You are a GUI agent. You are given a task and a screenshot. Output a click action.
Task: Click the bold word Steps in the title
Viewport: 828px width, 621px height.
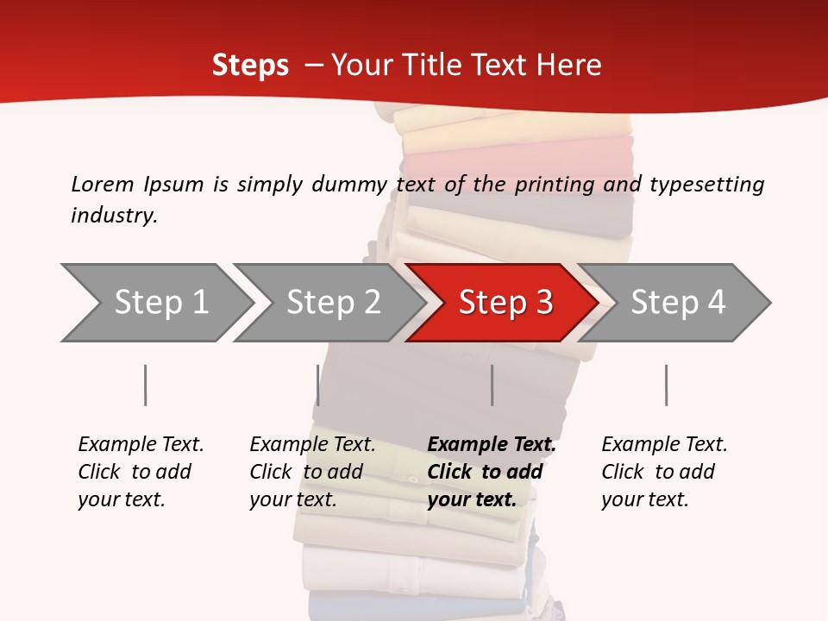tap(250, 66)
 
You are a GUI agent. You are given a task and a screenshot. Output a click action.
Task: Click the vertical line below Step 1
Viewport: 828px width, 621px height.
tap(146, 385)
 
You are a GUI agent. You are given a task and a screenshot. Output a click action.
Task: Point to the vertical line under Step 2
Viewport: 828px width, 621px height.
tap(318, 385)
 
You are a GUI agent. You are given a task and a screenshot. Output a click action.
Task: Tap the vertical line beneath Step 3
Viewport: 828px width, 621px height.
tap(492, 385)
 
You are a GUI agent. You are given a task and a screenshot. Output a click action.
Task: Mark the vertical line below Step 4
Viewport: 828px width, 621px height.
tap(666, 385)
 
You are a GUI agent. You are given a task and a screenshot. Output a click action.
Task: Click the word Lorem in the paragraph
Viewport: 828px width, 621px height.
tap(103, 185)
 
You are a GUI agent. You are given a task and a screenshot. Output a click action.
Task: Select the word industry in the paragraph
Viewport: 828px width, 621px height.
tap(114, 216)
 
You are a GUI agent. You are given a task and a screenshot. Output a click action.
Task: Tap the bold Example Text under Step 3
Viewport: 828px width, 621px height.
tap(492, 445)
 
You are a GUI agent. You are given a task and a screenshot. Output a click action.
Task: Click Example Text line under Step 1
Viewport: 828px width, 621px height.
tap(141, 445)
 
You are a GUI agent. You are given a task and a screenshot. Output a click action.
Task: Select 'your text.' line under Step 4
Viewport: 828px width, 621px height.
tap(644, 500)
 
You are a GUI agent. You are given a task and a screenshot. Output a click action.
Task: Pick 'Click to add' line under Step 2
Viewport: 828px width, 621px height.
tap(306, 473)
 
